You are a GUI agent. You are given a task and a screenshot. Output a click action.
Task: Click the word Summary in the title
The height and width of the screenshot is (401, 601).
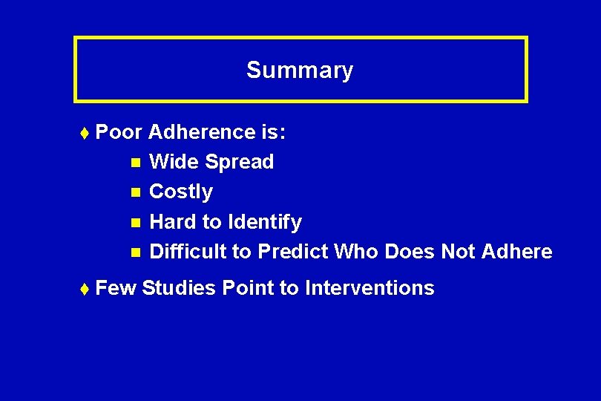(x=300, y=71)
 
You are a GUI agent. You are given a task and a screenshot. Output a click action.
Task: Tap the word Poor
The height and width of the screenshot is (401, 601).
(x=119, y=132)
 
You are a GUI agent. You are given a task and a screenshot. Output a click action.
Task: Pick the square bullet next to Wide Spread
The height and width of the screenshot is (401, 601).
(x=134, y=162)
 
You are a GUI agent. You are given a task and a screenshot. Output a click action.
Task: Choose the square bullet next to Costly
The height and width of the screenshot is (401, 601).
(x=134, y=192)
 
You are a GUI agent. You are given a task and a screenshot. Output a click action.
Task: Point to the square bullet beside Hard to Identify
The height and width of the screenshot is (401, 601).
(x=134, y=222)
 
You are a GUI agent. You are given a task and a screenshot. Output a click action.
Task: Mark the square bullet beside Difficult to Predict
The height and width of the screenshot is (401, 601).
(x=134, y=252)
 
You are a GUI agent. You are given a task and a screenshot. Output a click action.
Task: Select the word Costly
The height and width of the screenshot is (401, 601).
(x=181, y=192)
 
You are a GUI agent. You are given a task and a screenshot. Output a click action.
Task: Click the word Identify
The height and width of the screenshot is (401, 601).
(x=265, y=222)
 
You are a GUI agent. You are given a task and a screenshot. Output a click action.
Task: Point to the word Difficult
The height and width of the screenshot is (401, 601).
(x=188, y=252)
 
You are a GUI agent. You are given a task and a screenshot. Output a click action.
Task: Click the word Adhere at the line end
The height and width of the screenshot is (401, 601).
(x=516, y=252)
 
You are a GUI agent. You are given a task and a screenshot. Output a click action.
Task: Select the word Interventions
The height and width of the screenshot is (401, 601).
(x=370, y=288)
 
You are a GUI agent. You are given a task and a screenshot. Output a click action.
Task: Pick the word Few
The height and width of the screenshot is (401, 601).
(x=116, y=288)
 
